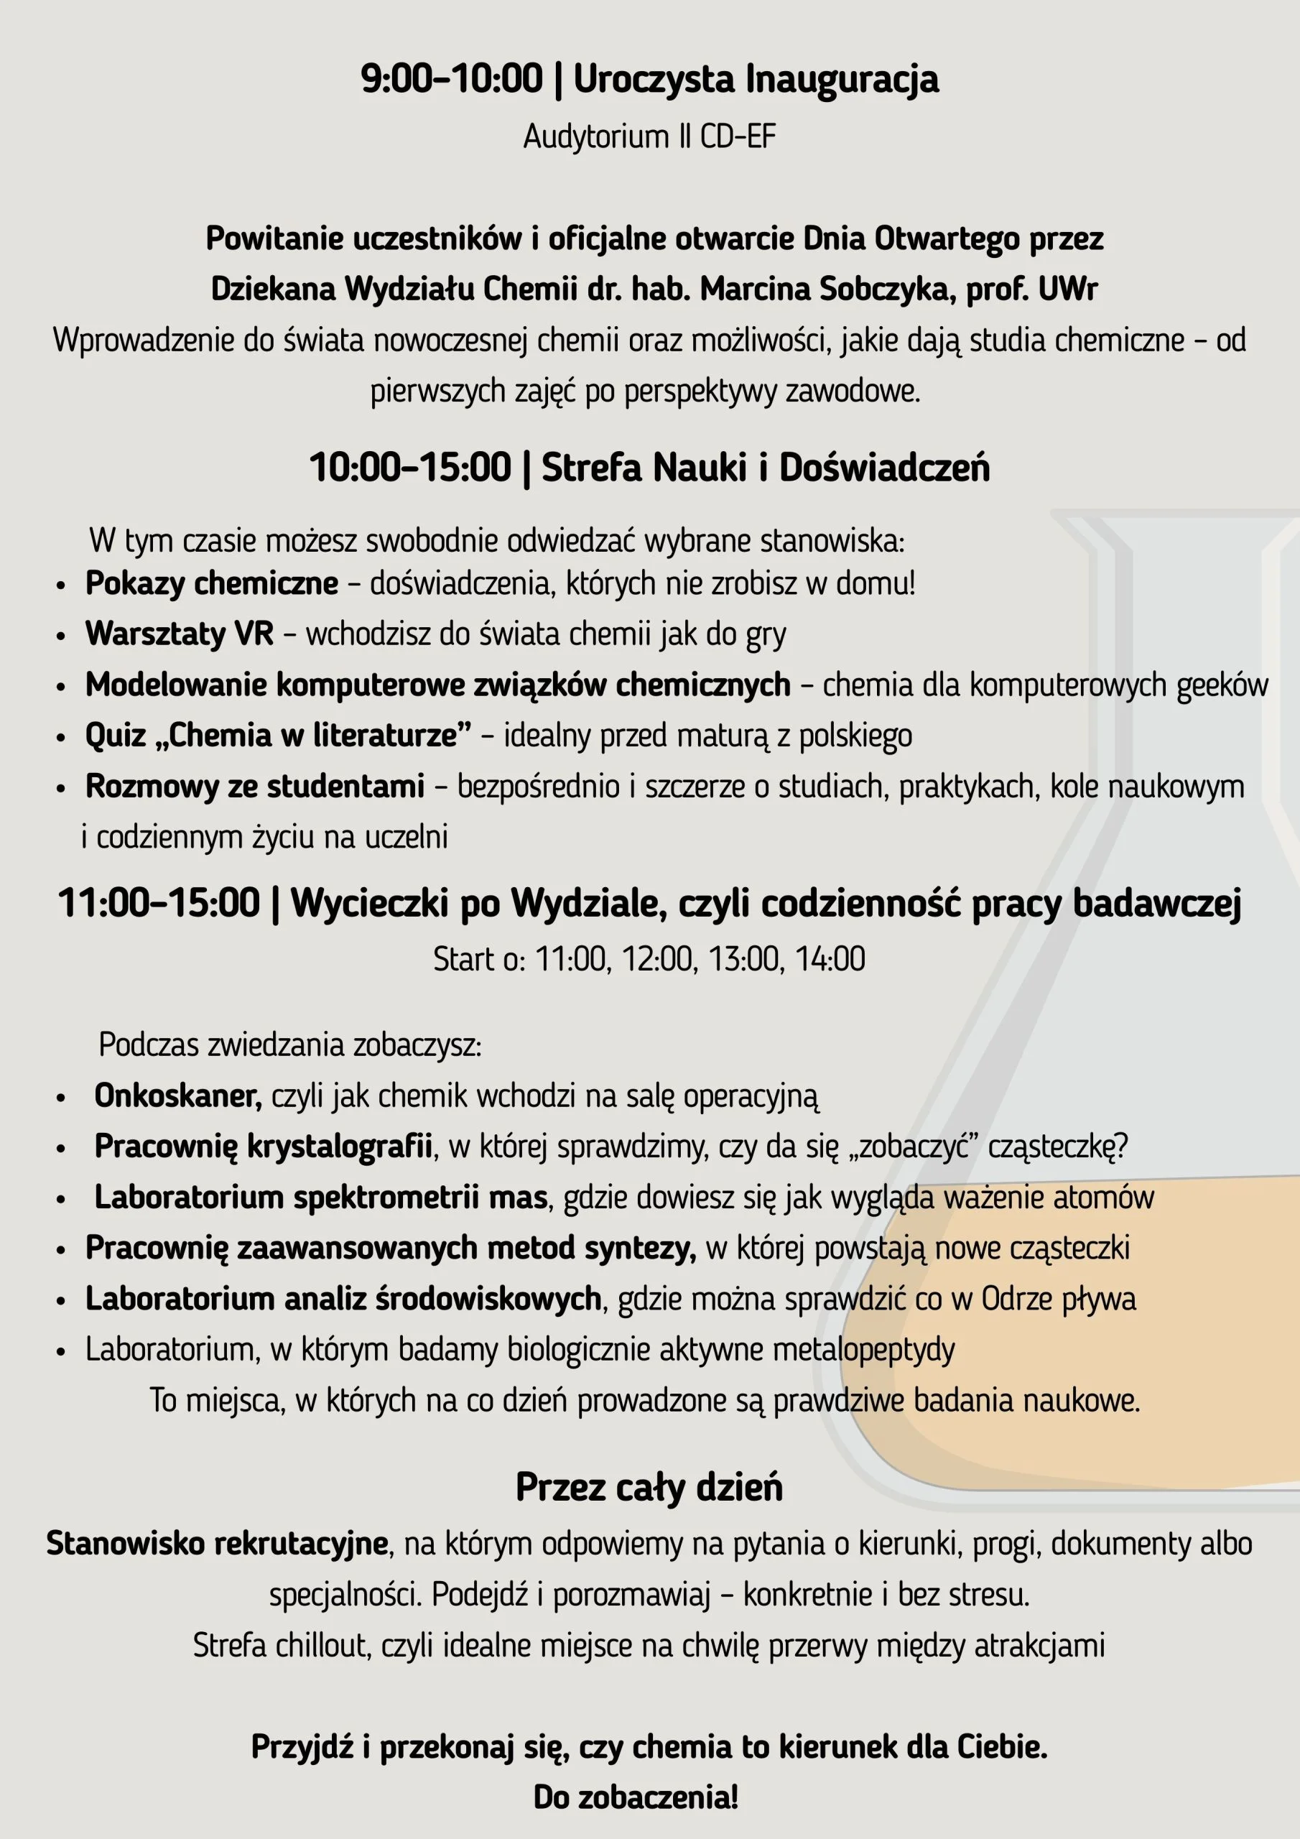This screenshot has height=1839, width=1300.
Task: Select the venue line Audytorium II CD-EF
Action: (649, 137)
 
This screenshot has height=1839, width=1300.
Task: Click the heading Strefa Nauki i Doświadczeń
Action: (765, 468)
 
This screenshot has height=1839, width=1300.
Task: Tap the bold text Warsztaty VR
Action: (180, 634)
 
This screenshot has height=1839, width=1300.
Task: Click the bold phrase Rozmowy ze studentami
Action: (255, 787)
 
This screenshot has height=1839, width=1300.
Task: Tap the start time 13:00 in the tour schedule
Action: (744, 959)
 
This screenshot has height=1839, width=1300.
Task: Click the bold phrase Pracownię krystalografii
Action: (264, 1147)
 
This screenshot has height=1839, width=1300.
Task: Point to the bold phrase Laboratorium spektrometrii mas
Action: (320, 1198)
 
